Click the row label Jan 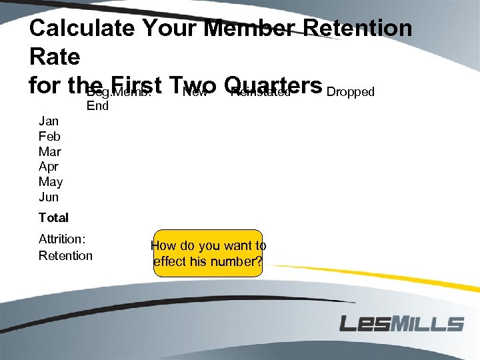(49, 121)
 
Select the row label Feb (50, 136)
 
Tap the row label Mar (50, 151)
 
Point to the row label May (51, 182)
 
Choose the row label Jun (49, 197)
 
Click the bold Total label (53, 217)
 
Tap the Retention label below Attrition (65, 255)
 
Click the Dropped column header (351, 92)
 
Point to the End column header (97, 106)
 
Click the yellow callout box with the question (208, 253)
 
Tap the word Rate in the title (55, 57)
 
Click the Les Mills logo (401, 324)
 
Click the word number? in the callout (233, 261)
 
